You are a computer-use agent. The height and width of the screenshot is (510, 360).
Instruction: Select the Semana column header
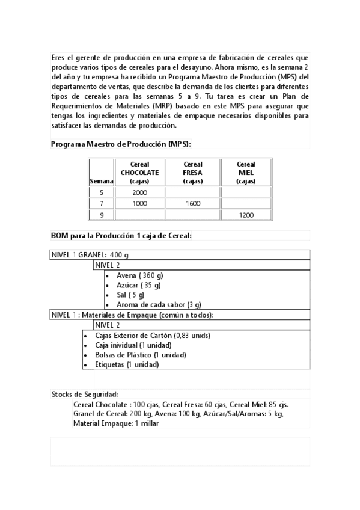click(101, 180)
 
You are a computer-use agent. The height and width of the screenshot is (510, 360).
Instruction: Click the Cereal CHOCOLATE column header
click(139, 172)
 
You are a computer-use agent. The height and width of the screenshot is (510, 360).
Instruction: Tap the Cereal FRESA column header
click(192, 172)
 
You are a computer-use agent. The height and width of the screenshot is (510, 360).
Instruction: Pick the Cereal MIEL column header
click(246, 172)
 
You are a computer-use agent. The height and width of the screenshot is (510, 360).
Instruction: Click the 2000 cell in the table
click(139, 192)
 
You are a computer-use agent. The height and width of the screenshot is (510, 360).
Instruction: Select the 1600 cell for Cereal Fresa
click(192, 203)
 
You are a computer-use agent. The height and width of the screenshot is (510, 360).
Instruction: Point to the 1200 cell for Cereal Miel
click(246, 214)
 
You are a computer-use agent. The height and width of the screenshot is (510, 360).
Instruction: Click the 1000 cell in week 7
click(139, 203)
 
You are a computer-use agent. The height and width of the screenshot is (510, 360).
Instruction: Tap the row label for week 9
click(101, 214)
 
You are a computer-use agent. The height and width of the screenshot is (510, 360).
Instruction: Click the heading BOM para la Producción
click(121, 235)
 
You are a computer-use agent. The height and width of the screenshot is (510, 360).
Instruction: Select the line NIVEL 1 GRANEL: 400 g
click(90, 254)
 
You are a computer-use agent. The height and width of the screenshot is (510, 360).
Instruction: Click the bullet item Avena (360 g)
click(139, 275)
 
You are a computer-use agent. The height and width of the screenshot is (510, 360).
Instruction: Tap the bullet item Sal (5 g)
click(130, 295)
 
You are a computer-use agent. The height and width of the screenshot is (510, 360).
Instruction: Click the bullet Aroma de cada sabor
click(159, 304)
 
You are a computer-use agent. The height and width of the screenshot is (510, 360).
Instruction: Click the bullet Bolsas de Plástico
click(140, 355)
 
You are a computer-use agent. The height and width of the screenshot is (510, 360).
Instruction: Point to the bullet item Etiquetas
click(127, 364)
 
